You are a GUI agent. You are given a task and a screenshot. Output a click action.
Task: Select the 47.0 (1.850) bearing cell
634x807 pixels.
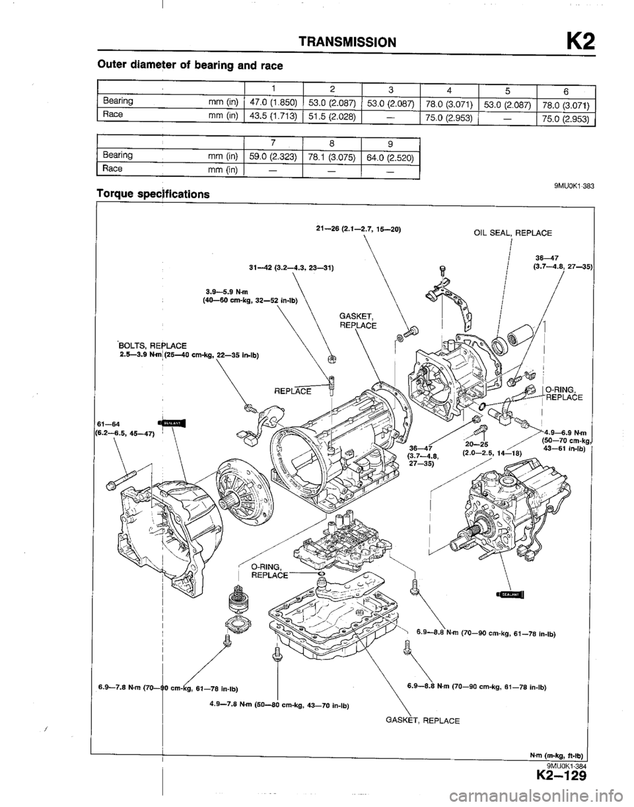(273, 101)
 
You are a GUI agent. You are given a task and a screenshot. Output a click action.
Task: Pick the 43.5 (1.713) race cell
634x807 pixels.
(273, 114)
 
